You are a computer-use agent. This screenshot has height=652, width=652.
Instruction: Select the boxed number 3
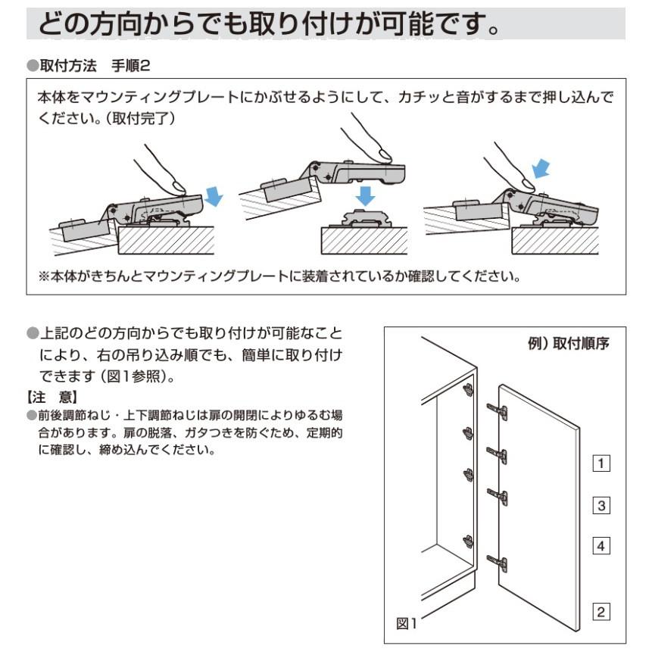coord(601,505)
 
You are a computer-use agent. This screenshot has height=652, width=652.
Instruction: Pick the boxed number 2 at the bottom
coord(601,612)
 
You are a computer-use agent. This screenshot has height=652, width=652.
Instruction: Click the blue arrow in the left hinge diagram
coord(214,197)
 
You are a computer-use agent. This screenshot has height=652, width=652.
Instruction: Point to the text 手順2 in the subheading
coord(130,66)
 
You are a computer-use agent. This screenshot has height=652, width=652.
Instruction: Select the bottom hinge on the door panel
coord(497,563)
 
